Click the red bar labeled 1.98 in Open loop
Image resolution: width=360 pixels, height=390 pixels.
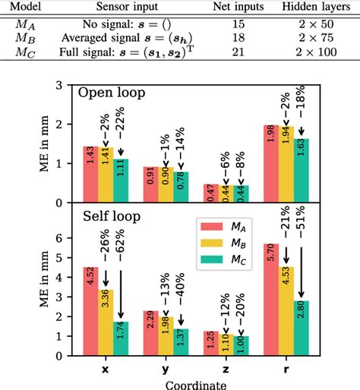pyautogui.click(x=271, y=164)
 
